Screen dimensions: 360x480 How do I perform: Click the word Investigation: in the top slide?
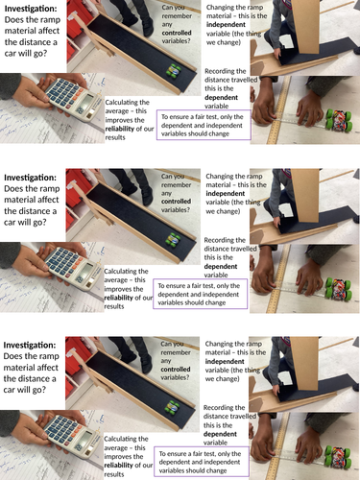pos(30,9)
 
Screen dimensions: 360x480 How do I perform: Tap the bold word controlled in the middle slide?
pos(176,202)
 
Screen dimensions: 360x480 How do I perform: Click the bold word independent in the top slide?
pos(226,25)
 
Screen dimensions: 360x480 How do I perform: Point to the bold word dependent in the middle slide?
pos(221,266)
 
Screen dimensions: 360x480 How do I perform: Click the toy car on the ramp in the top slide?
pos(174,70)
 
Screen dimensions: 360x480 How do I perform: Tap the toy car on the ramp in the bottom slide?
pos(172,407)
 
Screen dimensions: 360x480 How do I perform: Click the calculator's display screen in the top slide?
pos(87,102)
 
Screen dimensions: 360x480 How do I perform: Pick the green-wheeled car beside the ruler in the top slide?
pos(339,120)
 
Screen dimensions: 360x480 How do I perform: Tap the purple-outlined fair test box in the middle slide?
pos(201,294)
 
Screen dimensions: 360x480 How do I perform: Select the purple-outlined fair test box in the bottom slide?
pos(202,462)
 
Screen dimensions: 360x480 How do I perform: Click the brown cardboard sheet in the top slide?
pos(305,26)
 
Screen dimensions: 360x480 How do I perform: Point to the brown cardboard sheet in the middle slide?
pos(305,195)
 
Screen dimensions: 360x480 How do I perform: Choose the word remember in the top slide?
pos(177,16)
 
